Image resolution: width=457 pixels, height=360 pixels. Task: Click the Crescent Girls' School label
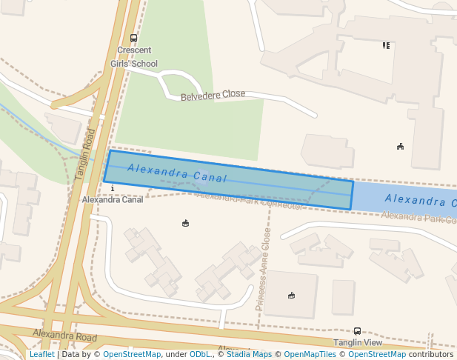pyautogui.click(x=134, y=57)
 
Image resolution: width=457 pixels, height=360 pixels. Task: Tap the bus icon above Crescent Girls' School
pyautogui.click(x=133, y=39)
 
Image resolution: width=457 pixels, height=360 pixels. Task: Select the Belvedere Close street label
pyautogui.click(x=213, y=95)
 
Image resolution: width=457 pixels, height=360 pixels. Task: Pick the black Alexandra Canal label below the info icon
pyautogui.click(x=113, y=200)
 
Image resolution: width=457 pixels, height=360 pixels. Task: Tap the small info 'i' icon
pyautogui.click(x=112, y=189)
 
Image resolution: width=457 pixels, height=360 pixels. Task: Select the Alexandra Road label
pyautogui.click(x=64, y=336)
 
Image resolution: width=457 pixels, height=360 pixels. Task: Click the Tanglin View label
pyautogui.click(x=358, y=342)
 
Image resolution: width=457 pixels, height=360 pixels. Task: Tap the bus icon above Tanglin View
pyautogui.click(x=357, y=331)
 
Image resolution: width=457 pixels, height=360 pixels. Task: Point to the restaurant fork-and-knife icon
pyautogui.click(x=386, y=45)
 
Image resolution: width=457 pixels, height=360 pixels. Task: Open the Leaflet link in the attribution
pyautogui.click(x=41, y=354)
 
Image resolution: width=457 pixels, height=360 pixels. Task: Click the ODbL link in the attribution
pyautogui.click(x=200, y=354)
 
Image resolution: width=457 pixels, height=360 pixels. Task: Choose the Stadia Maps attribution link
pyautogui.click(x=249, y=354)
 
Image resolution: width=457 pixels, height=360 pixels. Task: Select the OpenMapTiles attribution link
pyautogui.click(x=311, y=354)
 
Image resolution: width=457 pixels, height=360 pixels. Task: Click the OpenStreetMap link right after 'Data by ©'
pyautogui.click(x=132, y=354)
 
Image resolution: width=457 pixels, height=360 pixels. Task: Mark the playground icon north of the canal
pyautogui.click(x=400, y=146)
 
